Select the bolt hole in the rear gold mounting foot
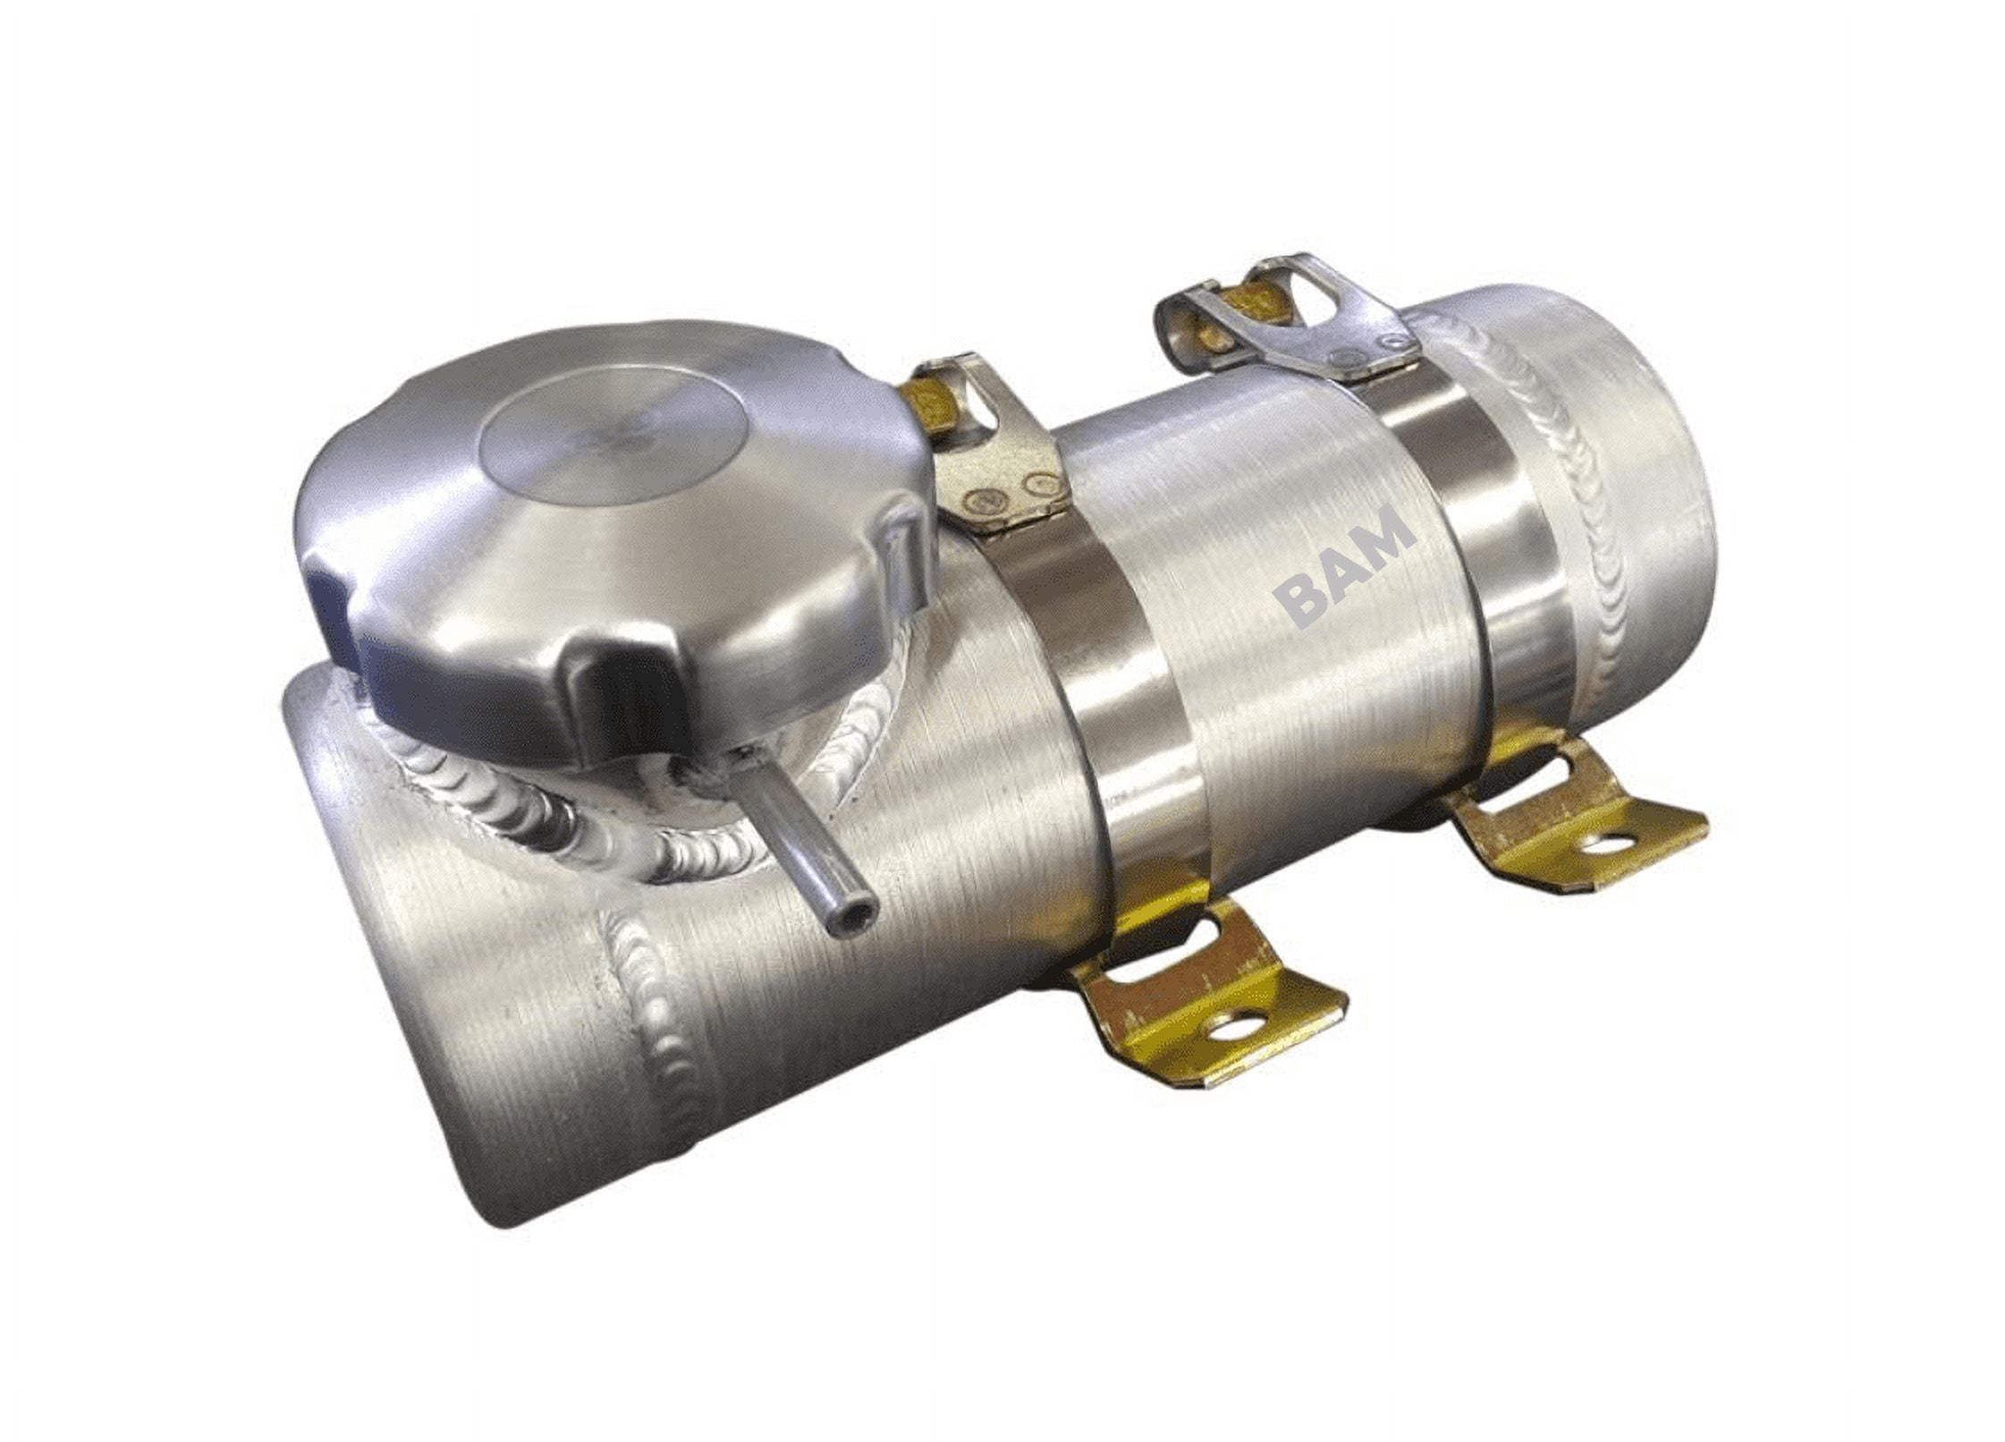tap(1607, 843)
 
